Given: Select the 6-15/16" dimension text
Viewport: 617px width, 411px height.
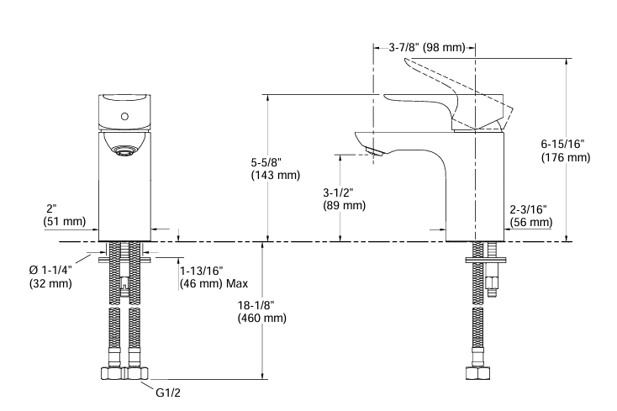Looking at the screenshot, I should coord(564,145).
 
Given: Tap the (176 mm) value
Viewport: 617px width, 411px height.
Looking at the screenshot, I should coord(564,158).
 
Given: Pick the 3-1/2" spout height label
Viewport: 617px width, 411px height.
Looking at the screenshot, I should coord(340,192).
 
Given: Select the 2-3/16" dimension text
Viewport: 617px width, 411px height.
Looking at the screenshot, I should coord(530,208).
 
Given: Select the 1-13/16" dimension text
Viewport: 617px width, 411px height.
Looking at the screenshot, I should coord(202,271).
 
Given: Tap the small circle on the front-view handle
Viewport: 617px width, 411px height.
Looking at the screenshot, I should coord(124,116).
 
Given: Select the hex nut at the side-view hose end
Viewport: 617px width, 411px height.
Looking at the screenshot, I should coord(477,374).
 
